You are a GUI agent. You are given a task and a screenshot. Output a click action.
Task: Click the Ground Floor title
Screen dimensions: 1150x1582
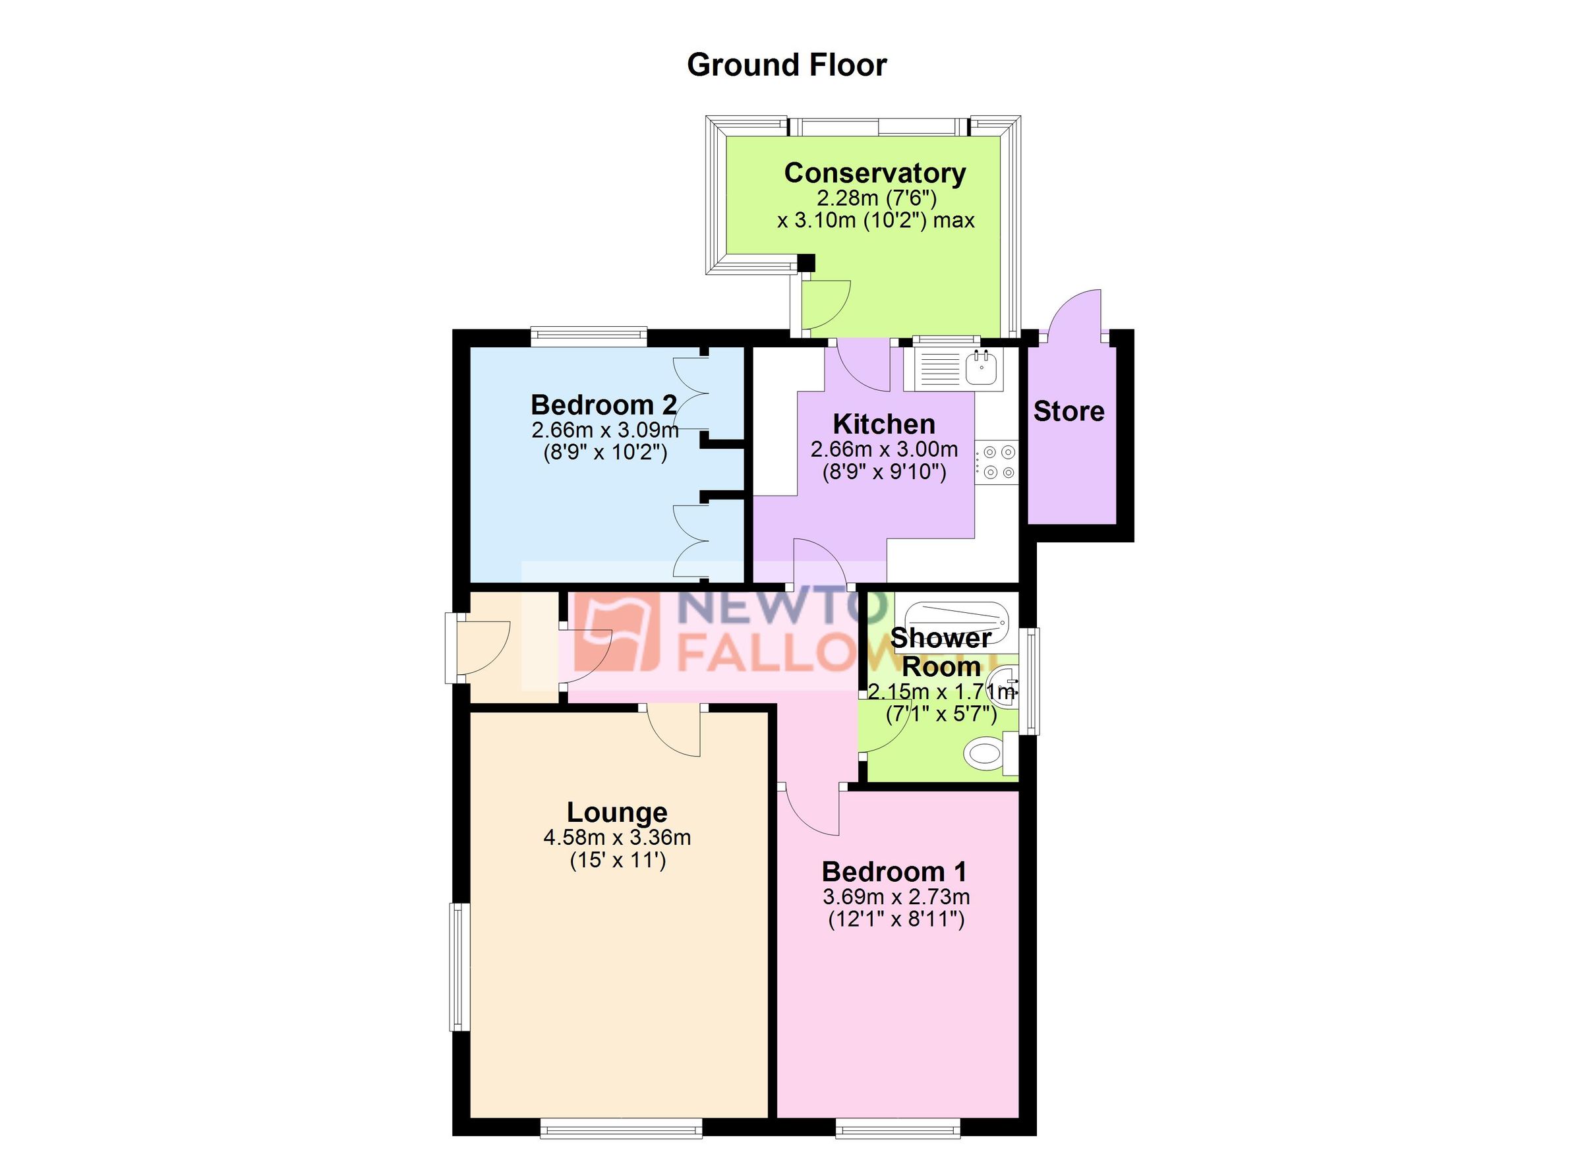(786, 65)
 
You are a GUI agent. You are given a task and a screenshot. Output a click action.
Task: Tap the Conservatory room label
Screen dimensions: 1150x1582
(874, 173)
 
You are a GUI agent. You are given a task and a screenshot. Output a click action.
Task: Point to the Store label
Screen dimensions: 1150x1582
(1068, 411)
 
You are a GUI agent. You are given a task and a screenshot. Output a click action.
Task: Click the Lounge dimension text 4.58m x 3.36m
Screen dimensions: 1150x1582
(616, 837)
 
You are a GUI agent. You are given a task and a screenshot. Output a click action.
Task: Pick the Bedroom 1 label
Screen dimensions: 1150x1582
(894, 872)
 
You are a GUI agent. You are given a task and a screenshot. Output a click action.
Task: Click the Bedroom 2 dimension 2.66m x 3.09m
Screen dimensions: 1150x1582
(604, 429)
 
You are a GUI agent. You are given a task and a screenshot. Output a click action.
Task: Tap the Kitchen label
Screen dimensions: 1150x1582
(883, 424)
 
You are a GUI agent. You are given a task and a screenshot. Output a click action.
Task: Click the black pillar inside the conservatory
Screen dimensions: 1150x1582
(806, 263)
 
